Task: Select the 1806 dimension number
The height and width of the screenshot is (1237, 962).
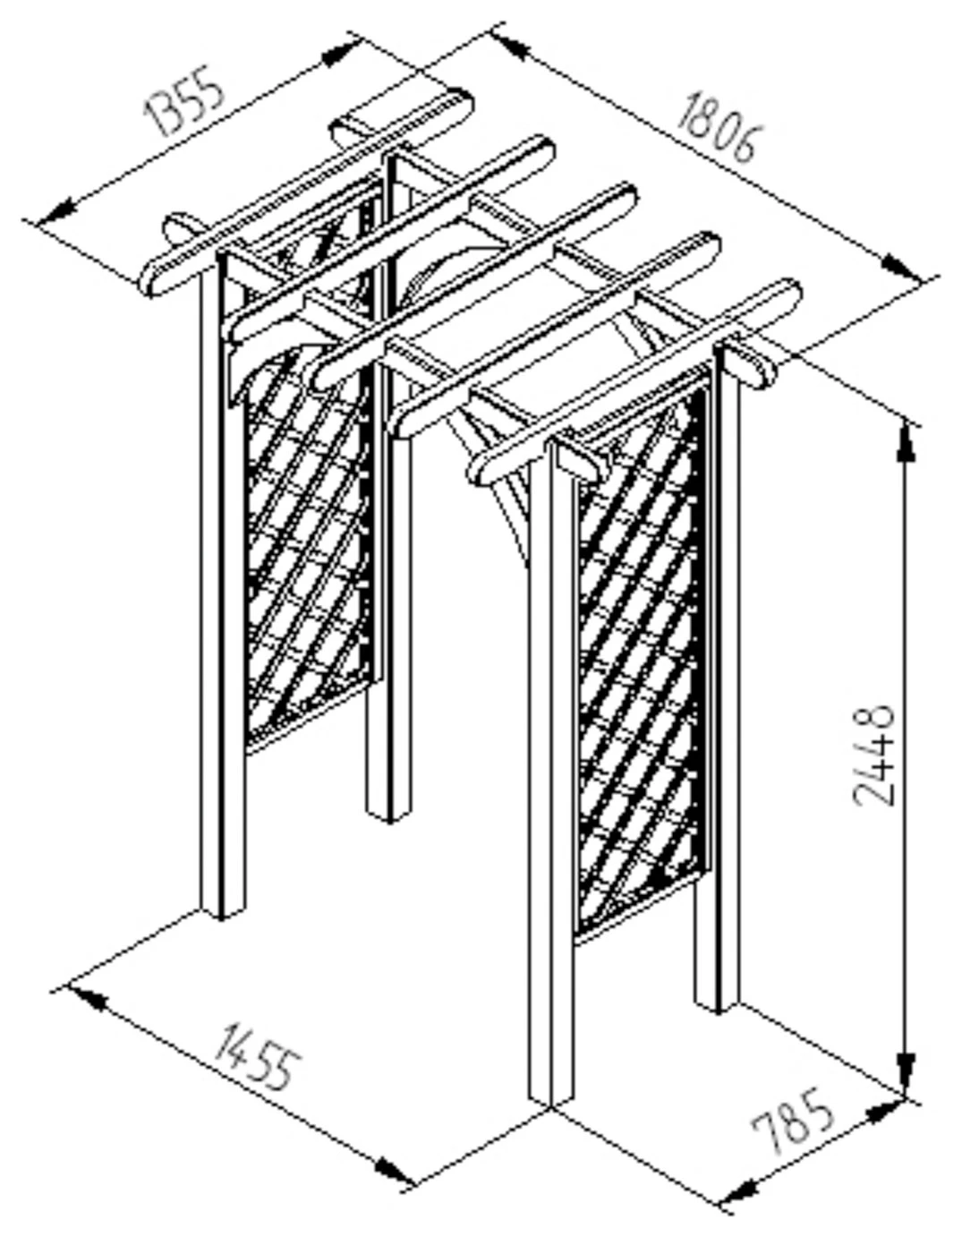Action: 719,128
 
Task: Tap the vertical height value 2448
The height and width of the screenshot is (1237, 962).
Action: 873,755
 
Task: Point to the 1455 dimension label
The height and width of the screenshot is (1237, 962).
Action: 255,1056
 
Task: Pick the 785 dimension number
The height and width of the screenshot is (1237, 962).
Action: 793,1122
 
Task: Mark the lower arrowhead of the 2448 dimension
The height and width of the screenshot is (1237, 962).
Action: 907,1070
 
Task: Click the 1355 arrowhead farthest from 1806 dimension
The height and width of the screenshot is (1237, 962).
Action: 55,213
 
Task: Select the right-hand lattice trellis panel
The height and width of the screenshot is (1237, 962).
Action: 640,662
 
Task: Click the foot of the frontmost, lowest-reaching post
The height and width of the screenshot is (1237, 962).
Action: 550,1096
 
